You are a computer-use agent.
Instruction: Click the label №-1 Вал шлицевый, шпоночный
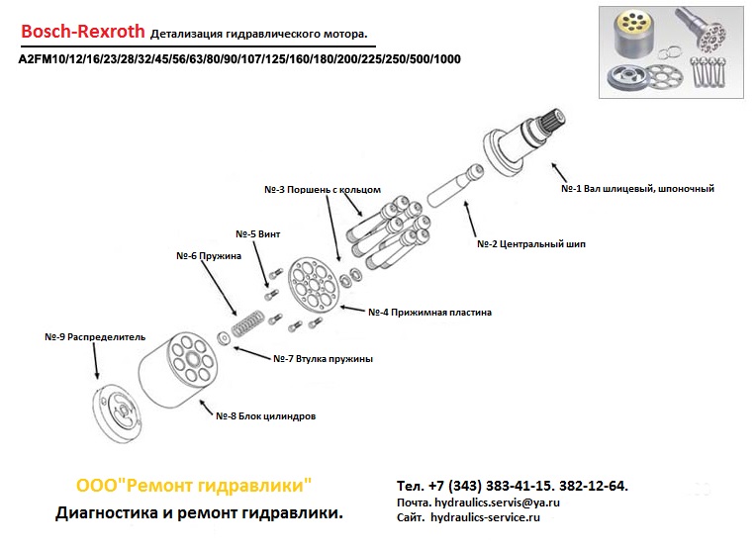(x=637, y=188)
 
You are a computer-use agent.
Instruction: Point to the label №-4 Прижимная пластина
(x=429, y=312)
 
